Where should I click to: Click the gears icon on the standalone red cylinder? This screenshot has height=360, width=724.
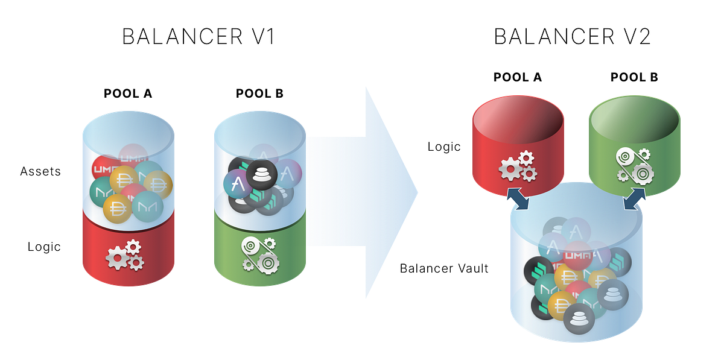coord(518,166)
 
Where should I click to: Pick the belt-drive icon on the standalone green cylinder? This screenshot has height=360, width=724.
coord(634,165)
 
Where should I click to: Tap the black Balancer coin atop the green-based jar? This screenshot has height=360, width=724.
coord(261,174)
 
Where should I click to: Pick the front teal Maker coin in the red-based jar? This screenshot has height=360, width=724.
coord(148,207)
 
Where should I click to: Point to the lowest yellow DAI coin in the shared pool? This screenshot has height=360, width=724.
coord(562,305)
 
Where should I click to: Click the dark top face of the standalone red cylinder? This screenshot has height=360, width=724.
coord(518,120)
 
